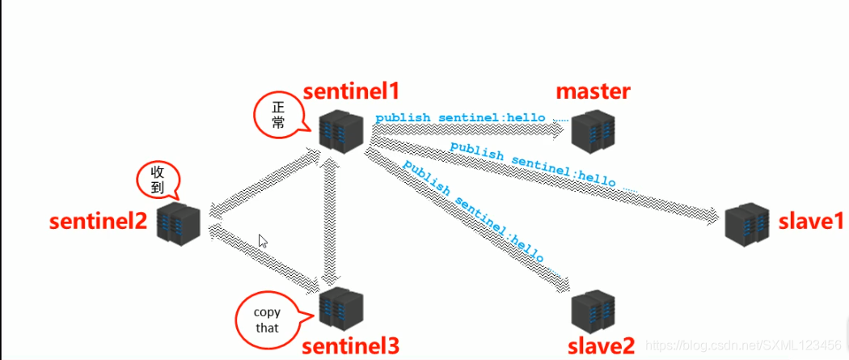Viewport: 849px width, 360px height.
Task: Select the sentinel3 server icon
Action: point(340,307)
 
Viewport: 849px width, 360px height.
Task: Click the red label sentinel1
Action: point(351,91)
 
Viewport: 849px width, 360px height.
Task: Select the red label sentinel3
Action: point(350,346)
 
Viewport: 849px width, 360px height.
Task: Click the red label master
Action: point(593,91)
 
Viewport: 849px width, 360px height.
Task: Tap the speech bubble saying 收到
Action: point(158,180)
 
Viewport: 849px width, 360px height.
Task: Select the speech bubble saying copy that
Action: point(266,320)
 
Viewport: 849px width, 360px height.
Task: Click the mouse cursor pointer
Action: point(262,241)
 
